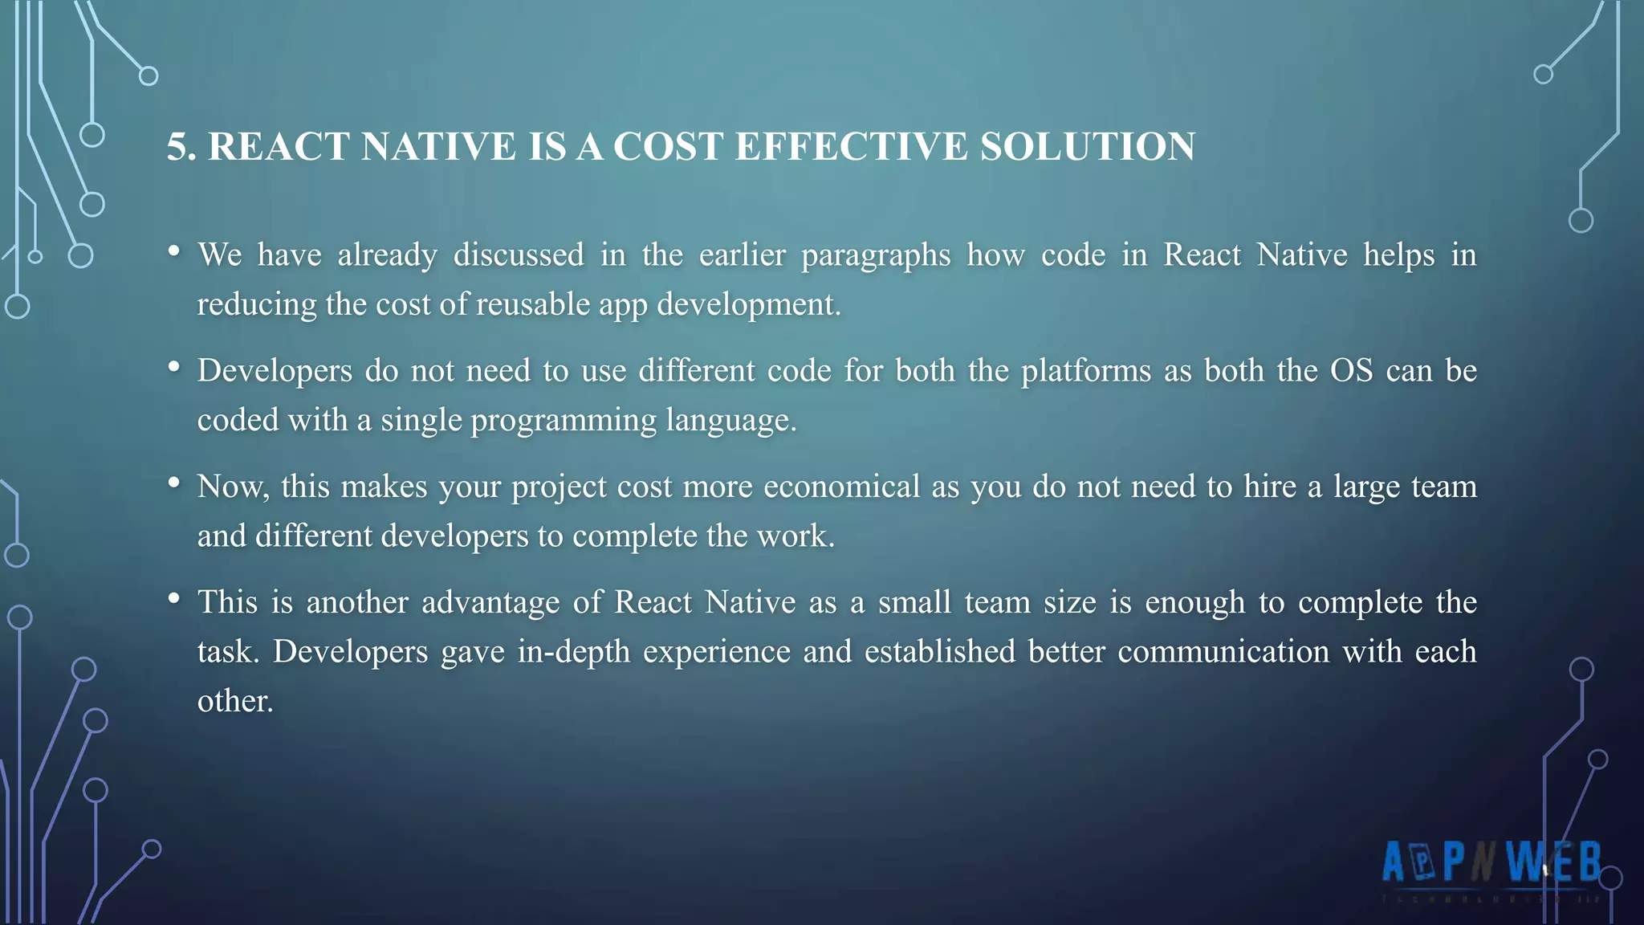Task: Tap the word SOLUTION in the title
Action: coord(1087,147)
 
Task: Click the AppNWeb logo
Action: coord(1492,863)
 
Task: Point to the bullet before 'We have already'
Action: coord(174,251)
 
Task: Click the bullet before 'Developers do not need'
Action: coord(174,367)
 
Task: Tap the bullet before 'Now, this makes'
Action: coord(174,483)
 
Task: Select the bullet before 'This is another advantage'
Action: coord(174,598)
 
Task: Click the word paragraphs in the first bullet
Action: coord(876,256)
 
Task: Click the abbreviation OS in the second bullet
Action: coord(1352,371)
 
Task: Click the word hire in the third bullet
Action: coord(1270,487)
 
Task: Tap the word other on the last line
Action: coord(235,702)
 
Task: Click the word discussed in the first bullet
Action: coord(519,255)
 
